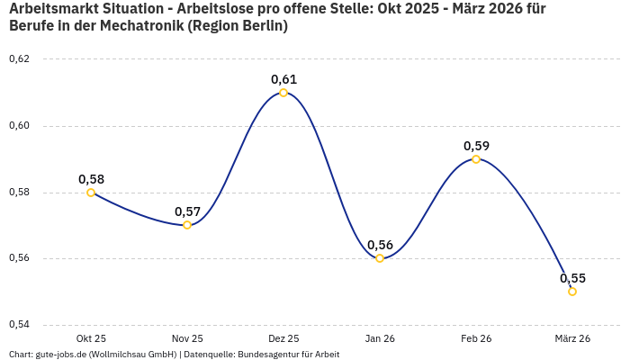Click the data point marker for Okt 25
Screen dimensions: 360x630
point(91,193)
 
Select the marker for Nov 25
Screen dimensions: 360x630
point(187,225)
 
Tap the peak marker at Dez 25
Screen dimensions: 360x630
point(283,93)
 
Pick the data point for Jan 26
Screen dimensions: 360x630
point(380,258)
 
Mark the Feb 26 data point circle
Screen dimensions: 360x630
point(476,159)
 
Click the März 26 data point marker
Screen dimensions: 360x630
point(572,292)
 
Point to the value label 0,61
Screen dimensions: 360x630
point(283,79)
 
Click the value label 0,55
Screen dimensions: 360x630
point(572,278)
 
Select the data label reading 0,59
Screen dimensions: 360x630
point(476,146)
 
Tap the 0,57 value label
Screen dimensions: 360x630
point(187,211)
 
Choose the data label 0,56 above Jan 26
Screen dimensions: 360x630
point(380,245)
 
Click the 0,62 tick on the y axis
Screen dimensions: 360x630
point(19,59)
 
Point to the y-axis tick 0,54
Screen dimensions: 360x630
point(19,325)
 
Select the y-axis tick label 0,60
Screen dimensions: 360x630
point(19,126)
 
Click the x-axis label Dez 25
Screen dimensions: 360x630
point(283,338)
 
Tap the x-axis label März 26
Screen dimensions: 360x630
point(572,338)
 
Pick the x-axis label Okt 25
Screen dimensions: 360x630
point(91,338)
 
